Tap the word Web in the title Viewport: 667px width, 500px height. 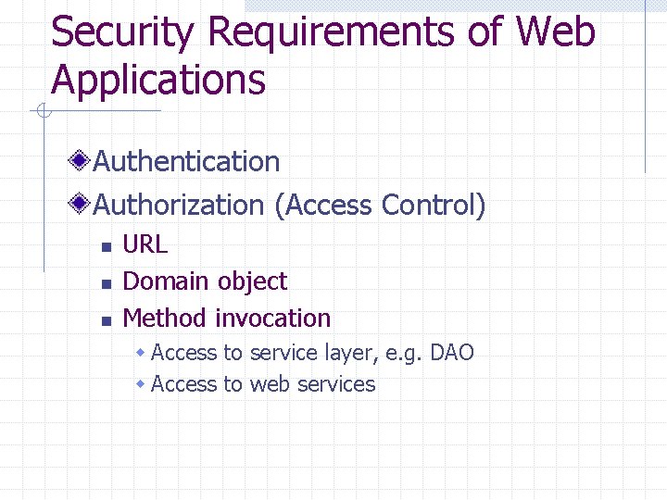(x=555, y=33)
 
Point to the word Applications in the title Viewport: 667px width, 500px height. (x=158, y=81)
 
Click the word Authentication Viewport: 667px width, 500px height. (x=186, y=162)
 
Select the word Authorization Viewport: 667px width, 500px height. (x=179, y=206)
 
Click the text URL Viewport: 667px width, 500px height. (x=145, y=244)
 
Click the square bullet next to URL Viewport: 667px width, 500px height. (x=106, y=247)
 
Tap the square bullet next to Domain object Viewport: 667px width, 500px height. (x=106, y=284)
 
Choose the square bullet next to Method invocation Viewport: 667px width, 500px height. (x=106, y=321)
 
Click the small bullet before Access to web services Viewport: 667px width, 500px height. (x=141, y=383)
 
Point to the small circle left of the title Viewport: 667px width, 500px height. (x=43, y=112)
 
